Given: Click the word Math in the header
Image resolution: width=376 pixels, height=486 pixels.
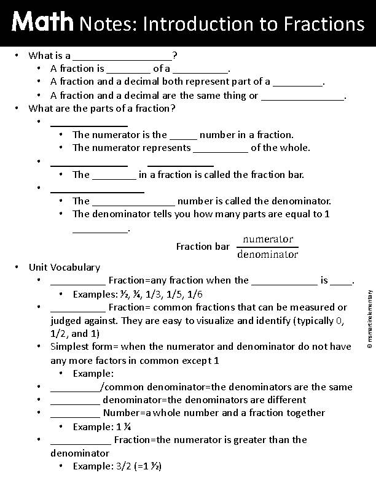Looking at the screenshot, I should point(42,23).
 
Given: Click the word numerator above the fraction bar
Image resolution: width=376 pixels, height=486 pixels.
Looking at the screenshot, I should point(268,239).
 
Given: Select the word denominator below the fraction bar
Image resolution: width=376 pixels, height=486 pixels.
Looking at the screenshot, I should point(267,254).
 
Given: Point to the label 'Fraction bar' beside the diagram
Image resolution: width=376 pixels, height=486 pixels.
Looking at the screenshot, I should point(203,247).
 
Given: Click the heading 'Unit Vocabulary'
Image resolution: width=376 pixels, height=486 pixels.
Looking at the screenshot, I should point(64,268).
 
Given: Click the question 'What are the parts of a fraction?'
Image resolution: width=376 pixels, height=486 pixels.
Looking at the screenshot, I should point(103,109).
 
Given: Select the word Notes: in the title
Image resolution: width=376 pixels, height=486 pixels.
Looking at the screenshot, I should point(108,24).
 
